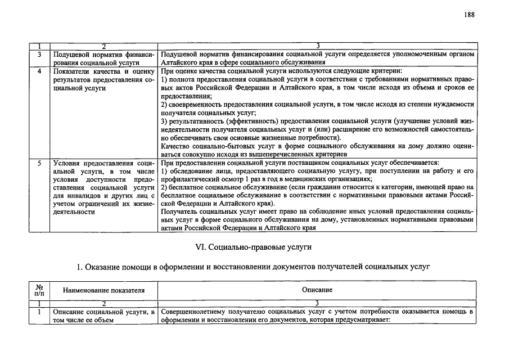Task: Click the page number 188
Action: [470, 15]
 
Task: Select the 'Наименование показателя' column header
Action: [103, 290]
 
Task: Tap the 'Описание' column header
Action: [317, 290]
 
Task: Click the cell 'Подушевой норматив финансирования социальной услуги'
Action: [103, 58]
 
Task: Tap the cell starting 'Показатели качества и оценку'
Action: [103, 80]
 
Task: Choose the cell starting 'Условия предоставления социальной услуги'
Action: [103, 187]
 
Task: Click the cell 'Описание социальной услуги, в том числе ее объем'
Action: [103, 316]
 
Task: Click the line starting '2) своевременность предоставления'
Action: [317, 105]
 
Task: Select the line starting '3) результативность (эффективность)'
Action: [317, 121]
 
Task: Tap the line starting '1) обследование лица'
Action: [317, 170]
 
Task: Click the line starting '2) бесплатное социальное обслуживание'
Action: [317, 187]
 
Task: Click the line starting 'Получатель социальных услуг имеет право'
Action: [317, 211]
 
